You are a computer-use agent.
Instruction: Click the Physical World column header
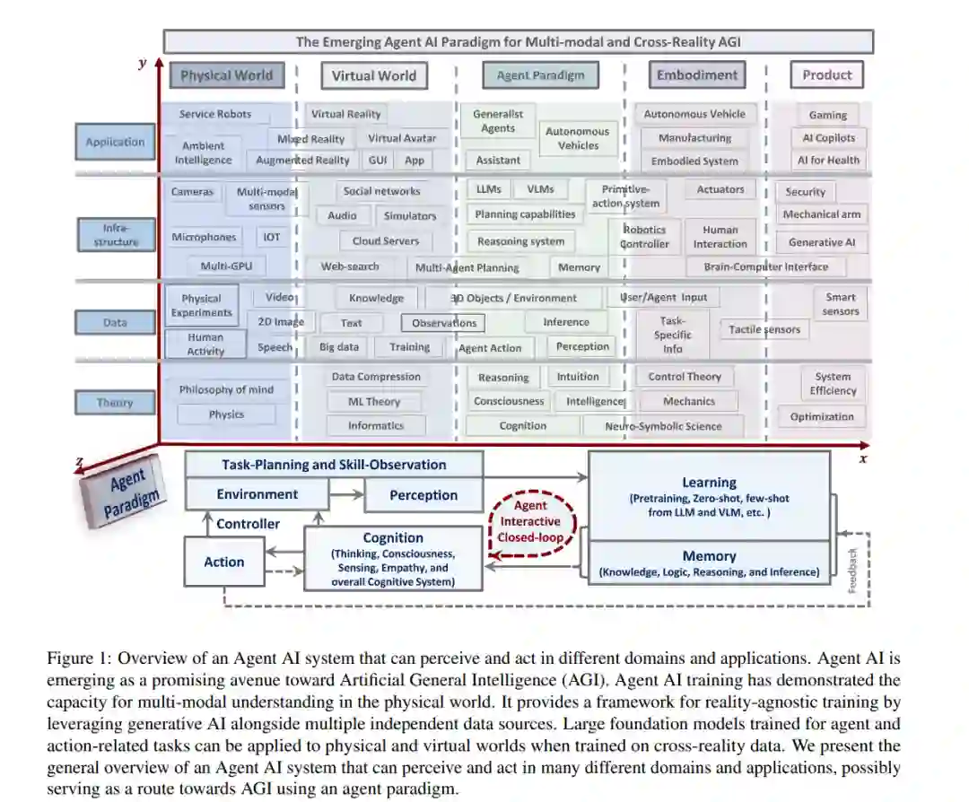226,75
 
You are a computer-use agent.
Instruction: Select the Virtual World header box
373,75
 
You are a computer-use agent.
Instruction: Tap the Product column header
826,75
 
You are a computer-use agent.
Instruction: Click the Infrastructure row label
115,235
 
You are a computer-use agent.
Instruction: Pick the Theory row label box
115,403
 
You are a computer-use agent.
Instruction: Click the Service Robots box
215,114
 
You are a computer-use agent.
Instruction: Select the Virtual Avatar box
402,138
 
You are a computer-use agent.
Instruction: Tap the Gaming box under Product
827,115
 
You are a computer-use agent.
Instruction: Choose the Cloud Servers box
386,240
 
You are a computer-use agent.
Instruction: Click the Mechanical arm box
822,214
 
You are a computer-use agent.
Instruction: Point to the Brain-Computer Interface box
766,266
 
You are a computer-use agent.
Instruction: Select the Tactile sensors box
764,329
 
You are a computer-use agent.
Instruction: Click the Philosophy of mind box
226,389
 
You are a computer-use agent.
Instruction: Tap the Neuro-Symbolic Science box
663,426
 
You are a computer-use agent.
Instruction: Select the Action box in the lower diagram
223,562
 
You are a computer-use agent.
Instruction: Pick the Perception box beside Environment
423,494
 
